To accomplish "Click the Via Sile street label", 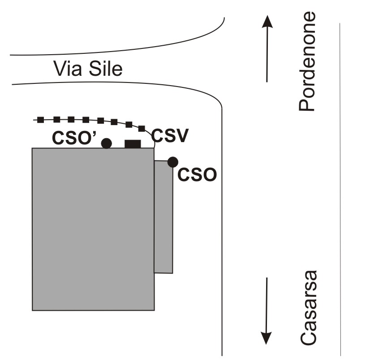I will (88, 69).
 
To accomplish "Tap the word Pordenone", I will (308, 61).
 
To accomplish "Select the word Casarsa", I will (308, 308).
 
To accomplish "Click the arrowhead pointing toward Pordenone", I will (267, 22).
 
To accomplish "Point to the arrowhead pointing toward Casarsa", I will (267, 338).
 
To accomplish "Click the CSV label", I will (169, 135).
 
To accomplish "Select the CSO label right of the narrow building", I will (197, 174).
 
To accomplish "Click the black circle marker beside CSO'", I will (106, 143).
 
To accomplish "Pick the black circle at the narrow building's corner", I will (172, 162).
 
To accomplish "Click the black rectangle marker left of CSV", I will (133, 143).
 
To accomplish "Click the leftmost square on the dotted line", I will (40, 120).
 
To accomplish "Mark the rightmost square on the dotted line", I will (142, 129).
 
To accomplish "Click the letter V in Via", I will (59, 69).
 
